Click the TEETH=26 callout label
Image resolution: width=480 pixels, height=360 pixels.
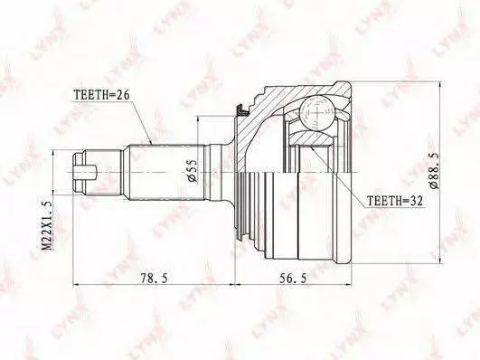pos(101,95)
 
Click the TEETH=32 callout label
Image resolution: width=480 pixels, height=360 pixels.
pos(395,201)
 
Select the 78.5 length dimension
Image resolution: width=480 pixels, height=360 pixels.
pos(155,278)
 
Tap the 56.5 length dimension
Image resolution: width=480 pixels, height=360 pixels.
pos(293,278)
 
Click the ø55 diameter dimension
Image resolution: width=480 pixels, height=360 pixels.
pos(193,171)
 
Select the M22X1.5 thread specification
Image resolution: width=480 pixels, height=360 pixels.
pos(47,225)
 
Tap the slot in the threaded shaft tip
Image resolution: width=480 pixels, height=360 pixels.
pos(86,172)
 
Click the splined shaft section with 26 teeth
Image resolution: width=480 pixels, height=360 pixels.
pos(167,172)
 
